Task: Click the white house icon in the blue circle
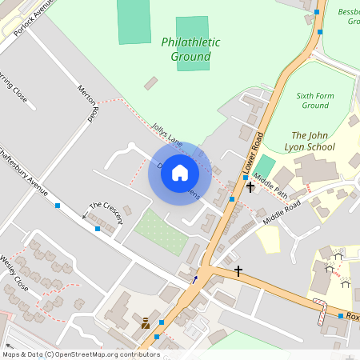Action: (x=180, y=172)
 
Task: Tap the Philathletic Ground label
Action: (x=186, y=49)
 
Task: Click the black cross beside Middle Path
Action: (x=250, y=187)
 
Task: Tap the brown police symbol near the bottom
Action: (x=146, y=324)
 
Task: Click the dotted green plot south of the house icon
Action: (x=161, y=227)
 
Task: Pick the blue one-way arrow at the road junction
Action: (x=194, y=279)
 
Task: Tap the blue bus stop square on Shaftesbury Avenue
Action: (x=58, y=206)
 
